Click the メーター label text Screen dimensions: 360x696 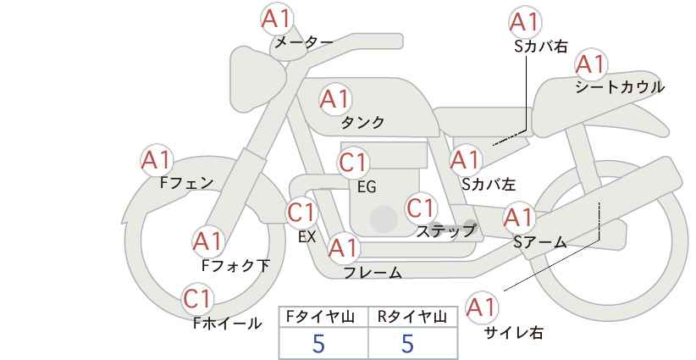303,42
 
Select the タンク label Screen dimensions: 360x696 362,123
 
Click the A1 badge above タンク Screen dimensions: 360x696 334,99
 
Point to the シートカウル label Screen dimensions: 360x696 619,87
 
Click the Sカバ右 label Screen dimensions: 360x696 540,47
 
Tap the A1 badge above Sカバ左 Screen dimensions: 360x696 465,159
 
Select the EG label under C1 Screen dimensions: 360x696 367,187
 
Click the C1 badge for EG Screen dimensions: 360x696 354,163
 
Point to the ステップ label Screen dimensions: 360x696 446,230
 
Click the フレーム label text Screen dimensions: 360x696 373,273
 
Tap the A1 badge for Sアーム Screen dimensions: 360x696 518,218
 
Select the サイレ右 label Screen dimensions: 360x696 513,333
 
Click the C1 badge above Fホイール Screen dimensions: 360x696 199,299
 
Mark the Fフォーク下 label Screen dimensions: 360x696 235,266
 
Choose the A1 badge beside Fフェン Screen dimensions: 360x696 156,159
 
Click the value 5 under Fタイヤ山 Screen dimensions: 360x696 318,343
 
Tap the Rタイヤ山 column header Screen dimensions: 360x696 412,317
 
